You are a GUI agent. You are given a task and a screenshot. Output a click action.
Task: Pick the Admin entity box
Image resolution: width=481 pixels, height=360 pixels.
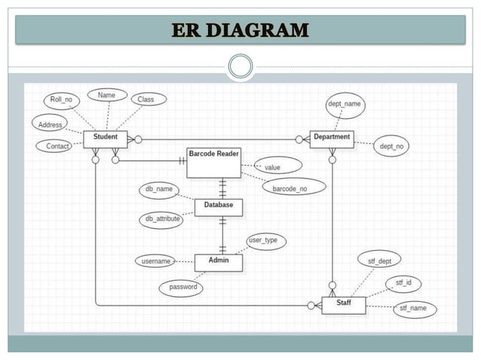pos(218,261)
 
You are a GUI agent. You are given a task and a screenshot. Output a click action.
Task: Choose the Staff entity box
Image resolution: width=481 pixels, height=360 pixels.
pos(343,304)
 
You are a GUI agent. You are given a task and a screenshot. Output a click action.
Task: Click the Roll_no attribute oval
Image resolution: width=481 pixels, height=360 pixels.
pos(61,99)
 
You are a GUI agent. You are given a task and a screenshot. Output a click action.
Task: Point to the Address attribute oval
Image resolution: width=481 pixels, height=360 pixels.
pos(50,123)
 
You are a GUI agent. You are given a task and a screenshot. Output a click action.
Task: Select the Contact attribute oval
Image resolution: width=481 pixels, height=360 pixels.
pos(57,146)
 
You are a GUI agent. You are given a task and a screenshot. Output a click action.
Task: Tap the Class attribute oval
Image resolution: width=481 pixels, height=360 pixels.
pos(145,99)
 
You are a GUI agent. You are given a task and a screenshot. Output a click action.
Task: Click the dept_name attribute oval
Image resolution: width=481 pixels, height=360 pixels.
pos(344,105)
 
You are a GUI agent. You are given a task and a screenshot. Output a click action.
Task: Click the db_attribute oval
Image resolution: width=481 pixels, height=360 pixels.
pos(162,219)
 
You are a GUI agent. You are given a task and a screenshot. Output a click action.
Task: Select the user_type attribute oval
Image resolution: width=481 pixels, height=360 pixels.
pos(263,241)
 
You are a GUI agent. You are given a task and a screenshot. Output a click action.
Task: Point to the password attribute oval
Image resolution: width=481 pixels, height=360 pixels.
pos(181,287)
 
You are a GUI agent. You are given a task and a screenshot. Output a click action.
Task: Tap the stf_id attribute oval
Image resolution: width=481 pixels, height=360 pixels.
pos(403,283)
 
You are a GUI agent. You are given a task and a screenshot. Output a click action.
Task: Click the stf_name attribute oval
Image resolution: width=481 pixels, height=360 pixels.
pos(414,308)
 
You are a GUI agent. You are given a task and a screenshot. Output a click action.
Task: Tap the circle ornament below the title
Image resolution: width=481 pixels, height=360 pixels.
pos(240,66)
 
